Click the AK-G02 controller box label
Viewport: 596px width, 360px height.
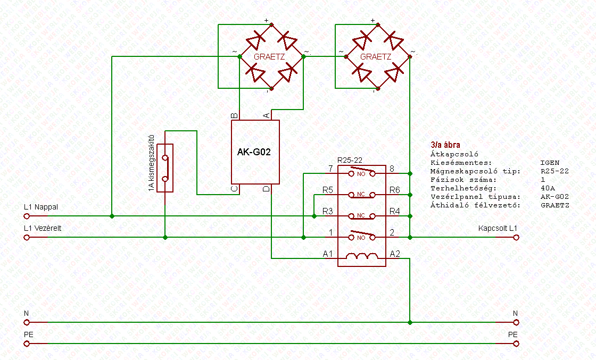pos(254,152)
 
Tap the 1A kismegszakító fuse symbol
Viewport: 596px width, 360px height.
pos(165,168)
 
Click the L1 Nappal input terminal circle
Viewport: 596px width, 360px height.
pos(27,216)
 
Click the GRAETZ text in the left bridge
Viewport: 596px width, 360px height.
pos(269,56)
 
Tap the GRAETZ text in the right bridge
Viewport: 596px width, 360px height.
pos(376,56)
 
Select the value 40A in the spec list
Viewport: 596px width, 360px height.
pos(547,188)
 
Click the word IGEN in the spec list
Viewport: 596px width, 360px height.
pos(550,163)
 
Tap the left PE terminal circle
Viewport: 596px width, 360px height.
pos(27,344)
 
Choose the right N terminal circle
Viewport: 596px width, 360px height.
pos(515,322)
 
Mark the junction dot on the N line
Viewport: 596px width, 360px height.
pos(410,322)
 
